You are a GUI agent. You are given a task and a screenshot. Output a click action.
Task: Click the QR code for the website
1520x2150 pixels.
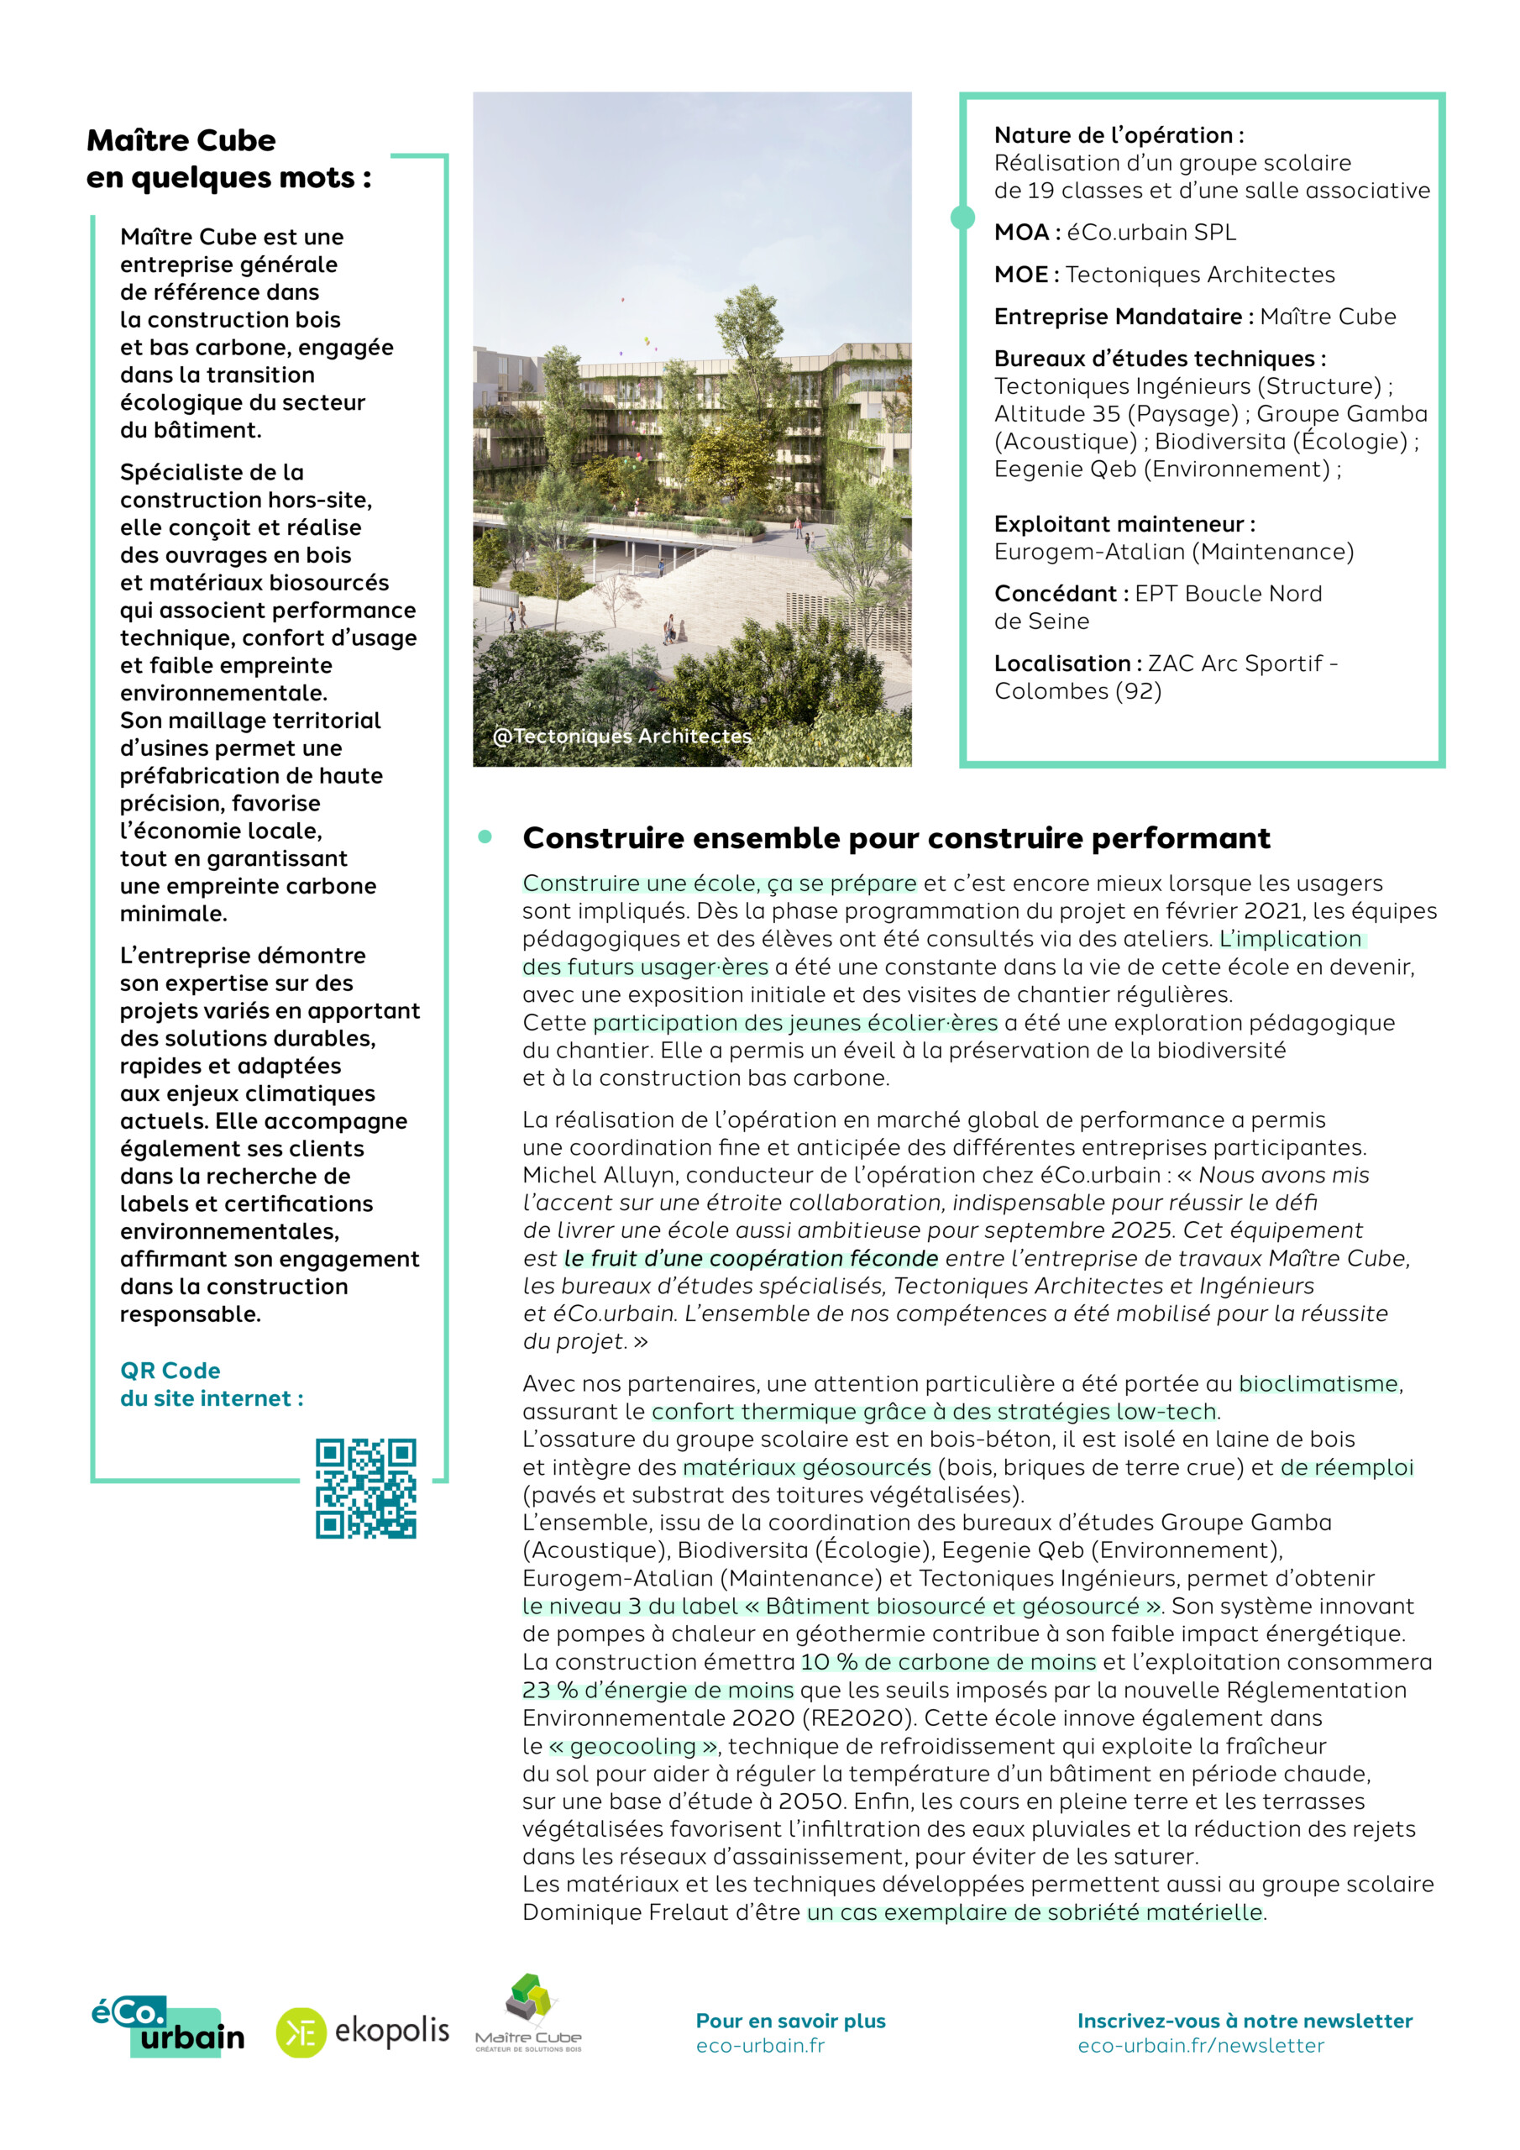click(x=365, y=1488)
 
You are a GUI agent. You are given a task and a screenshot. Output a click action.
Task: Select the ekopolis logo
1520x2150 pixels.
click(x=363, y=2032)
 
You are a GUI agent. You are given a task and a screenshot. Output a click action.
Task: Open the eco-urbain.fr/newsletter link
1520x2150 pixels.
click(x=1200, y=2045)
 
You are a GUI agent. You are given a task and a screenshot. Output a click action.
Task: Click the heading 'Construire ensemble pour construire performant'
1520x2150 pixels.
click(x=895, y=837)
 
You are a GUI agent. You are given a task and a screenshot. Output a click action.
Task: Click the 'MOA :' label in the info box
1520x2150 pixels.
click(x=1026, y=233)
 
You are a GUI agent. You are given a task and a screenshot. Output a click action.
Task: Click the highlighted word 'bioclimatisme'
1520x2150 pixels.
click(x=1318, y=1383)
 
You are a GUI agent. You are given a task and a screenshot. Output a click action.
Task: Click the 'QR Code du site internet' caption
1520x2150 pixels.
click(x=212, y=1384)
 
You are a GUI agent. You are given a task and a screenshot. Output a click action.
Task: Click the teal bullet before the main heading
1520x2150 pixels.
click(x=485, y=837)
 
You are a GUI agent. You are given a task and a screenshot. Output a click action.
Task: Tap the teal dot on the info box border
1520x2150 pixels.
click(x=962, y=218)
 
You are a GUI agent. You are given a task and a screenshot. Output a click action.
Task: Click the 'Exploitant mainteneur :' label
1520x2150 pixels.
click(x=1124, y=523)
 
